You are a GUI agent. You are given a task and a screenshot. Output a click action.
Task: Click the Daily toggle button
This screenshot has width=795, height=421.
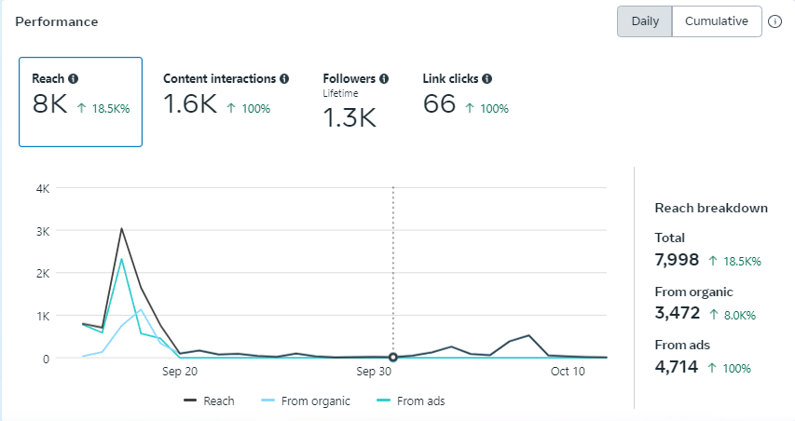[x=645, y=21]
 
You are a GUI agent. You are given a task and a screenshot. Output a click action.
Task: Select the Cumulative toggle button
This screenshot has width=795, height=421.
[x=716, y=21]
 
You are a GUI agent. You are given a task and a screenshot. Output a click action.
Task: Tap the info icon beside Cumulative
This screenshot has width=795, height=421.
[x=774, y=21]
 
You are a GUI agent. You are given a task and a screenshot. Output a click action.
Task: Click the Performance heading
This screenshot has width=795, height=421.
[x=57, y=20]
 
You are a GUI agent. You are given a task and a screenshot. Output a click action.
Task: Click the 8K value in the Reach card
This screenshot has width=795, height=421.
[x=49, y=104]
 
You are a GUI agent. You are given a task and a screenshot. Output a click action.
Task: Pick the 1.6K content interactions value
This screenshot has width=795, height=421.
[x=190, y=104]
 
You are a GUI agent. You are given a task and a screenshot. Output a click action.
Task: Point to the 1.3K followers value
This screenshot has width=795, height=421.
[x=350, y=117]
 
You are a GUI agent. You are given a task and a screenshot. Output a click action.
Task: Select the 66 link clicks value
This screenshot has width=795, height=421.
[x=439, y=104]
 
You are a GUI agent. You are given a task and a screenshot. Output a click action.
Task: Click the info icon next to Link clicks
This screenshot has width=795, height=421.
[x=487, y=79]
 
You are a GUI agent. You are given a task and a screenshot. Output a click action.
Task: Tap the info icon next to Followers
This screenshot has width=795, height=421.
[x=384, y=79]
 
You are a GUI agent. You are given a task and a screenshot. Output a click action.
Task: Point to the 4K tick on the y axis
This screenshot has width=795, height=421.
[x=42, y=188]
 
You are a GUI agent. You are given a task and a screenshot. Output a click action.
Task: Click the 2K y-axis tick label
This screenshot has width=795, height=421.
[x=42, y=273]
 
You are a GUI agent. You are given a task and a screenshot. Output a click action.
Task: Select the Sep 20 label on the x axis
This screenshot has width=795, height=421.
[x=180, y=372]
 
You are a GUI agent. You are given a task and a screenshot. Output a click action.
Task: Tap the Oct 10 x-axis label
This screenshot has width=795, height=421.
[x=568, y=372]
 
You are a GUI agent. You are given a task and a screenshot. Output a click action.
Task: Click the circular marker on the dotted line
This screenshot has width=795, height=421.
[x=393, y=357]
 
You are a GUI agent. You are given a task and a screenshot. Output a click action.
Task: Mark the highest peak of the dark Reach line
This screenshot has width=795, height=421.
[x=121, y=228]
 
